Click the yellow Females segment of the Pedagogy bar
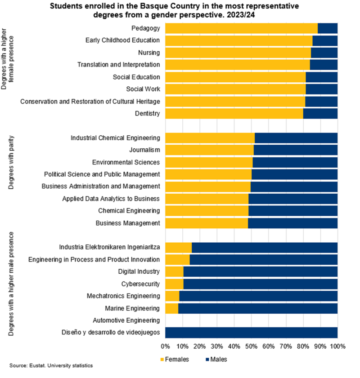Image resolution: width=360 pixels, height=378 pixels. pos(241,28)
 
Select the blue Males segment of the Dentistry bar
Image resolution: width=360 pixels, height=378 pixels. pos(320,113)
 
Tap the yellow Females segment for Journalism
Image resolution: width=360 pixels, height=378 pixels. pos(209,150)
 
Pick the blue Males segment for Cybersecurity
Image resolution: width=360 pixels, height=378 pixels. pos(260,284)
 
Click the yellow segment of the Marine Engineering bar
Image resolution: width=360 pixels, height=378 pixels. pos(171,308)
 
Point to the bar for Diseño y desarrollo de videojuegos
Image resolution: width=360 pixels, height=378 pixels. pos(251,333)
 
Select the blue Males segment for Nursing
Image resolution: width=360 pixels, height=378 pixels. pos(324,53)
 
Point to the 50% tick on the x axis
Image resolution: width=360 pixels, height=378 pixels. pos(251,347)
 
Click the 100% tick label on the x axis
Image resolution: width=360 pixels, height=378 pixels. pos(337,347)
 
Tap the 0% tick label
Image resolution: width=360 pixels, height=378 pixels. pos(165,347)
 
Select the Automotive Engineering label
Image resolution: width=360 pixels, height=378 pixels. pos(126,320)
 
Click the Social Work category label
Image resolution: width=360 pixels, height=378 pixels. pos(143,89)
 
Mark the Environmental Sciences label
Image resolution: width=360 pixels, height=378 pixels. pos(126,162)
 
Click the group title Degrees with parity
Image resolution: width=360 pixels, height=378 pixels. pos(12,162)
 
